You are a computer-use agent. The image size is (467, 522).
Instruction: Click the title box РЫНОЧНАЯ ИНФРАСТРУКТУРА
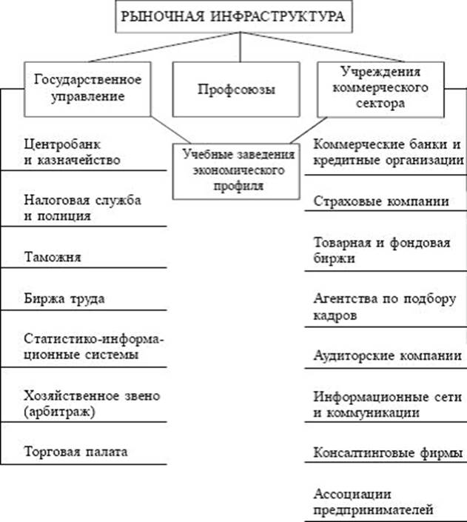click(x=232, y=17)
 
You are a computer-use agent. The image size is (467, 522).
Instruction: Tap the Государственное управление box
click(x=87, y=87)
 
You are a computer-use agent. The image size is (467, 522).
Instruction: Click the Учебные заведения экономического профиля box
click(x=238, y=171)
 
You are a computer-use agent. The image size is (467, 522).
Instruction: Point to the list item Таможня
click(x=52, y=258)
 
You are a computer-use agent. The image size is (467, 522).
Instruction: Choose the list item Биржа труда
click(x=64, y=299)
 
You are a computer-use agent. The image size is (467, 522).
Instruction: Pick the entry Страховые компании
click(x=380, y=201)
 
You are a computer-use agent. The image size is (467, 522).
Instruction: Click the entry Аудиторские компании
click(x=384, y=354)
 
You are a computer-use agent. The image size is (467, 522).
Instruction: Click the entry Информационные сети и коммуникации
click(x=377, y=404)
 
